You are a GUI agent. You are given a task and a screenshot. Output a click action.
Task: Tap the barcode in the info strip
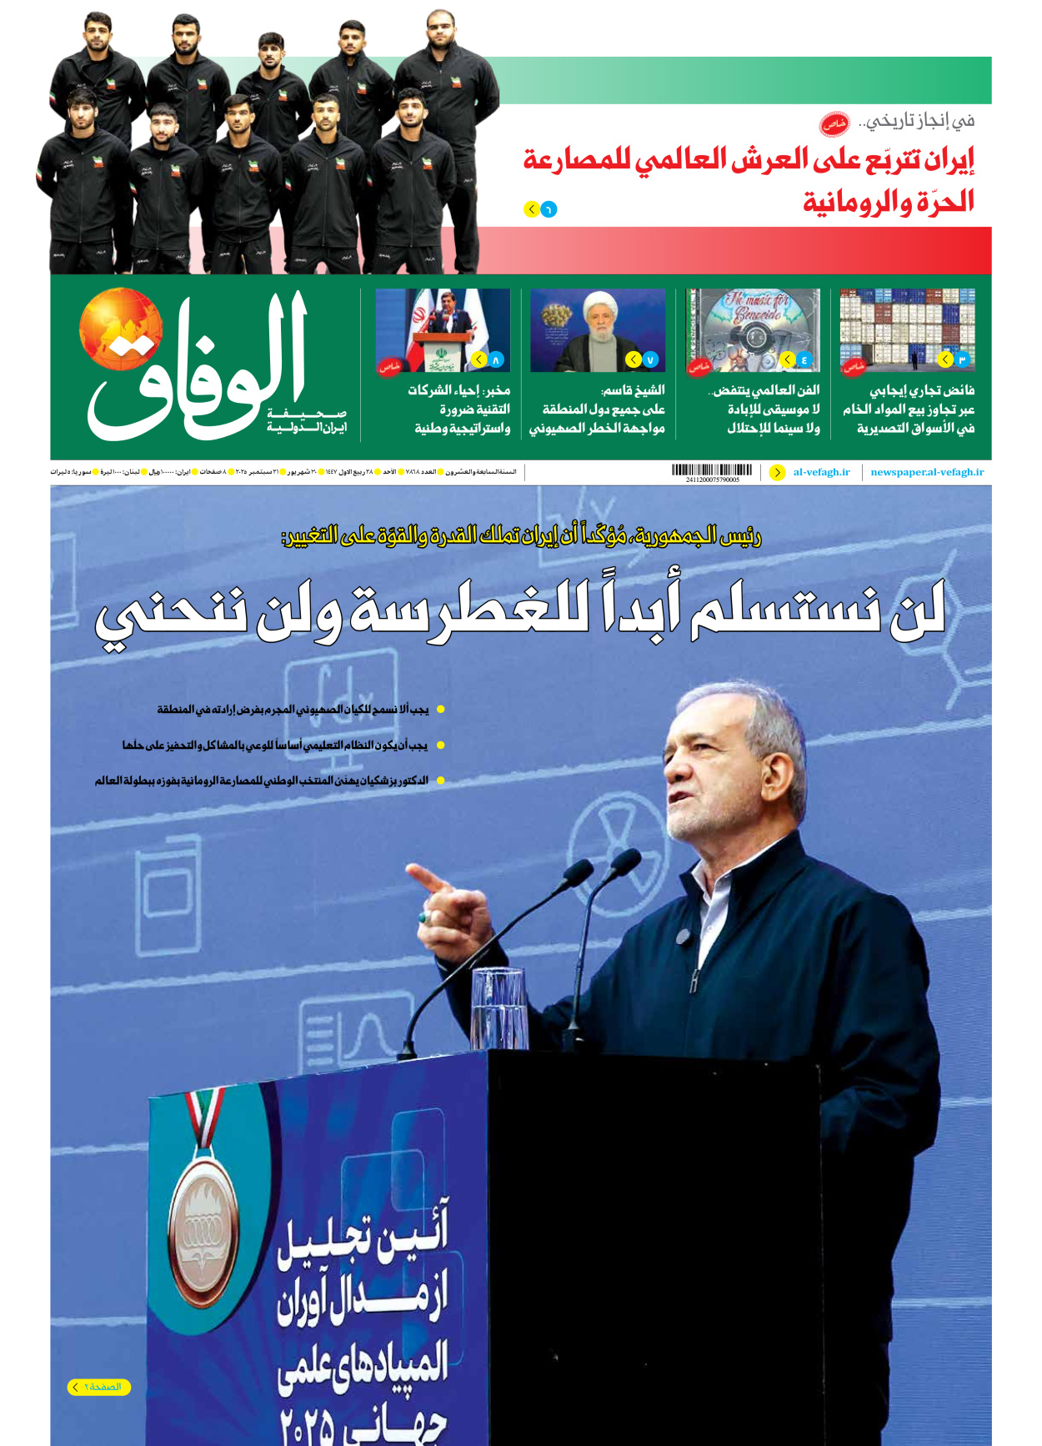click(x=712, y=470)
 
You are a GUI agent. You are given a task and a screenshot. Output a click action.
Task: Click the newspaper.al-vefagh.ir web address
click(x=927, y=472)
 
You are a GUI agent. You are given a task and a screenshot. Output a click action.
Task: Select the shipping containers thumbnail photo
click(x=907, y=329)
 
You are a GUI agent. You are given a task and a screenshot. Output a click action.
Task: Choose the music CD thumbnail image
click(x=753, y=329)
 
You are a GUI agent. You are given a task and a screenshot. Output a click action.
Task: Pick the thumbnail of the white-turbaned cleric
click(x=598, y=329)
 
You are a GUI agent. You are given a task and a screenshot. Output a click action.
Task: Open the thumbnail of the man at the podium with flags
click(x=443, y=329)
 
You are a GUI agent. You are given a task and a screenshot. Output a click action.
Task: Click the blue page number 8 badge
click(x=496, y=360)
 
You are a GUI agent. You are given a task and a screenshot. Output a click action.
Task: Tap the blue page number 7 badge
click(x=650, y=360)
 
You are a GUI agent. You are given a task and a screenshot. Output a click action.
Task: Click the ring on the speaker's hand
click(x=423, y=916)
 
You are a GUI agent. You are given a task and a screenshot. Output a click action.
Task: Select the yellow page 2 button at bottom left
click(x=99, y=1387)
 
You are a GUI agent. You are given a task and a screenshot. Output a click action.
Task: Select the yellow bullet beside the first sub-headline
click(x=441, y=710)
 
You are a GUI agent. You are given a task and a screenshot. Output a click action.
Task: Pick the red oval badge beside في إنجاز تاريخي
click(x=834, y=124)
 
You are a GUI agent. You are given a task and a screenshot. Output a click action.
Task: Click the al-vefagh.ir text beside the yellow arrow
click(x=822, y=472)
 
